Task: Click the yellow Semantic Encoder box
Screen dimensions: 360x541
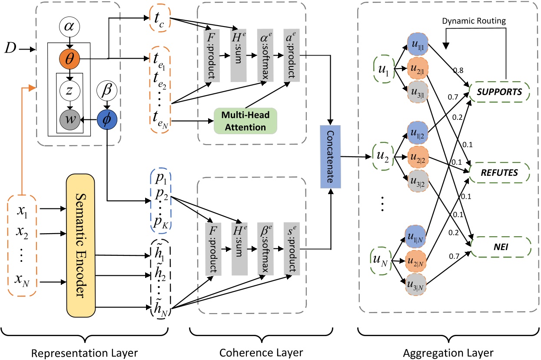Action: [80, 245]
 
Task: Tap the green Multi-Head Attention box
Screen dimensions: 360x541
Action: [246, 120]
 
